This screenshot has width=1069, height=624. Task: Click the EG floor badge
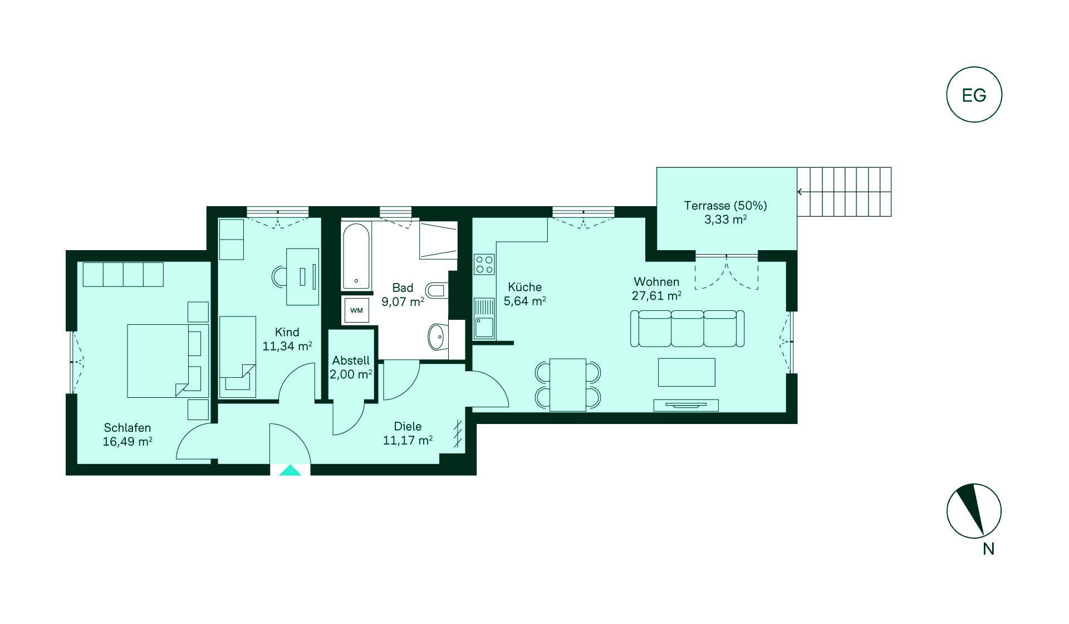[x=974, y=95]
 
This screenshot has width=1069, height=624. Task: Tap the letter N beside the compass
[x=988, y=549]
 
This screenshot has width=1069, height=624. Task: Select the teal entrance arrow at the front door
[x=290, y=470]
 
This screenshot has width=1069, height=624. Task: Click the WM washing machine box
[x=356, y=310]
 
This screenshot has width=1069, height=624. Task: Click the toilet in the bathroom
[x=436, y=290]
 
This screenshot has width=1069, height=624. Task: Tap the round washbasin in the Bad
[x=438, y=337]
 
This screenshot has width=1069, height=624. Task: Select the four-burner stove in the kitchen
[x=484, y=264]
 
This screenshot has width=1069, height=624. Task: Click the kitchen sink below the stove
[x=484, y=319]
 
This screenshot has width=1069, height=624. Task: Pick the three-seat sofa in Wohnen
[x=687, y=329]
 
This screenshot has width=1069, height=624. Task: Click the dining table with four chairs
[x=568, y=385]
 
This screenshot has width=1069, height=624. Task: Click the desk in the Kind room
[x=302, y=277]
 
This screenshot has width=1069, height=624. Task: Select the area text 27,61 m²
[x=656, y=296]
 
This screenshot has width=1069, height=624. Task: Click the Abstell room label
[x=351, y=360]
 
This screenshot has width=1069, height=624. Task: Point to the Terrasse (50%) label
[x=725, y=206]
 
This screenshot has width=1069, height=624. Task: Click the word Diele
[x=408, y=426]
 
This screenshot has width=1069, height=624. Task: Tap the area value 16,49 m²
[x=128, y=442]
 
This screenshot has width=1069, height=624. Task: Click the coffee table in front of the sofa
[x=686, y=372]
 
